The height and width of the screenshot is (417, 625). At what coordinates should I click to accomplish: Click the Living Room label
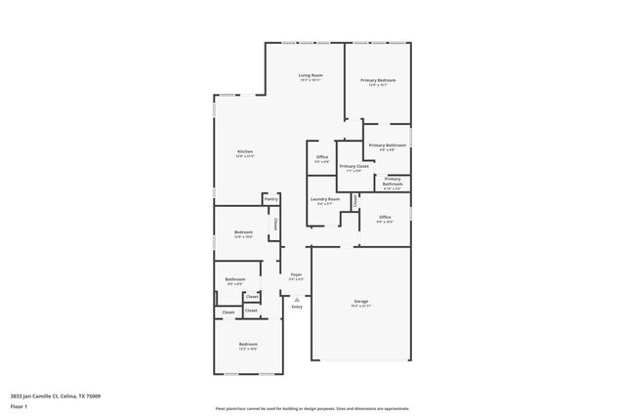click(x=311, y=75)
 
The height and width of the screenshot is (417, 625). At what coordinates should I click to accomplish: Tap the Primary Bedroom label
click(x=377, y=80)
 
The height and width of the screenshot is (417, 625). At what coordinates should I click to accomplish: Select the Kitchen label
click(x=245, y=151)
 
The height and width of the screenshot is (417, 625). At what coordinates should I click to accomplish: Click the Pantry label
click(x=271, y=199)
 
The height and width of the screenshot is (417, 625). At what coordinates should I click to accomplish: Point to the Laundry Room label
click(x=325, y=199)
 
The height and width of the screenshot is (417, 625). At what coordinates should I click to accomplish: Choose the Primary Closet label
click(x=354, y=166)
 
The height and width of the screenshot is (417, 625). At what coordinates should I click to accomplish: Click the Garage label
click(x=361, y=301)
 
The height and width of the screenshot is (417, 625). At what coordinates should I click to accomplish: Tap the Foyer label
click(x=296, y=275)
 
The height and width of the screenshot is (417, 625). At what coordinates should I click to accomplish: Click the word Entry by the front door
click(x=297, y=307)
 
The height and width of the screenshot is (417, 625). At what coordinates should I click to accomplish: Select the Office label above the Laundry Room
click(x=321, y=156)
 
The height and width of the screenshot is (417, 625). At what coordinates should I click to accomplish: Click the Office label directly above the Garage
click(x=385, y=217)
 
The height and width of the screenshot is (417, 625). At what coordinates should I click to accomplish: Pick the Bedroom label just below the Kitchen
click(x=244, y=232)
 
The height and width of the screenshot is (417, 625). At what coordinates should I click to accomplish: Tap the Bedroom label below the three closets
click(x=248, y=344)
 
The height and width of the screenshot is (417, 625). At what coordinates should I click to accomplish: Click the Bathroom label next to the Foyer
click(x=235, y=279)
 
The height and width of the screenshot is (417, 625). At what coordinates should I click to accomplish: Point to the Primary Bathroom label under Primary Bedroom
click(x=388, y=145)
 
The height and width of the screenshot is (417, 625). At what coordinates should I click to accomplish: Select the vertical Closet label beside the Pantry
click(x=276, y=224)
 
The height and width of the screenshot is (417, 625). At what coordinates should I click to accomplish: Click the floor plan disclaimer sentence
click(x=312, y=409)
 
